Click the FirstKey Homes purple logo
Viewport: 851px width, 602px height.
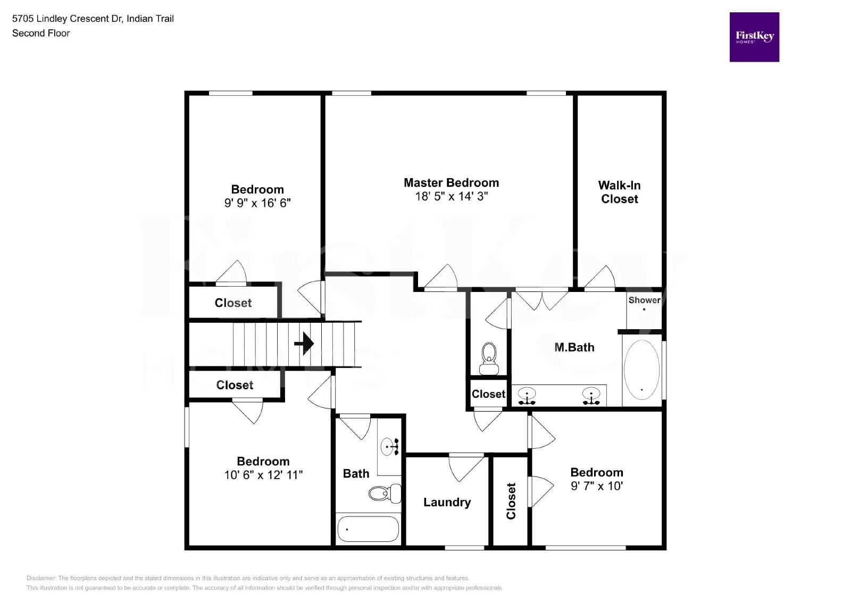pos(754,37)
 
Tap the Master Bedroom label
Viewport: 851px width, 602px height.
pos(451,183)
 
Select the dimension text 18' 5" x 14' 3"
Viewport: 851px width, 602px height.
pos(451,197)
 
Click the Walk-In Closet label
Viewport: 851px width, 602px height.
pos(619,192)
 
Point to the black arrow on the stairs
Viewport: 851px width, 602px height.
pos(304,344)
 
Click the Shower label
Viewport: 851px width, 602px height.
pos(644,300)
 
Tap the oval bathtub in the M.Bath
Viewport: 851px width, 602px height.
pos(641,370)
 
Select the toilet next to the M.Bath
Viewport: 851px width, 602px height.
pos(488,358)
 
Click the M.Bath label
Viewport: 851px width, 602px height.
pos(574,347)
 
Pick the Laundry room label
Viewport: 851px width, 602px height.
pos(447,502)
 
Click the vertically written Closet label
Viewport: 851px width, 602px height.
pos(511,500)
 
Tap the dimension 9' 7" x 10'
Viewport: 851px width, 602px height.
pos(596,486)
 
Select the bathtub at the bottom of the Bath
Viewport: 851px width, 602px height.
pos(368,529)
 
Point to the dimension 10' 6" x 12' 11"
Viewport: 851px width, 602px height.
pos(263,475)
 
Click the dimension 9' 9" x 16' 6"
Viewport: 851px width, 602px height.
pos(257,203)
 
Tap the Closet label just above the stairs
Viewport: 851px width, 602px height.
pos(233,303)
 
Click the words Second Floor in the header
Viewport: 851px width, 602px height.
pos(41,33)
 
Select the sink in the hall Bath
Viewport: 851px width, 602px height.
pos(390,446)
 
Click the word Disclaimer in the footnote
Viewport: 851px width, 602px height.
pos(41,578)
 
